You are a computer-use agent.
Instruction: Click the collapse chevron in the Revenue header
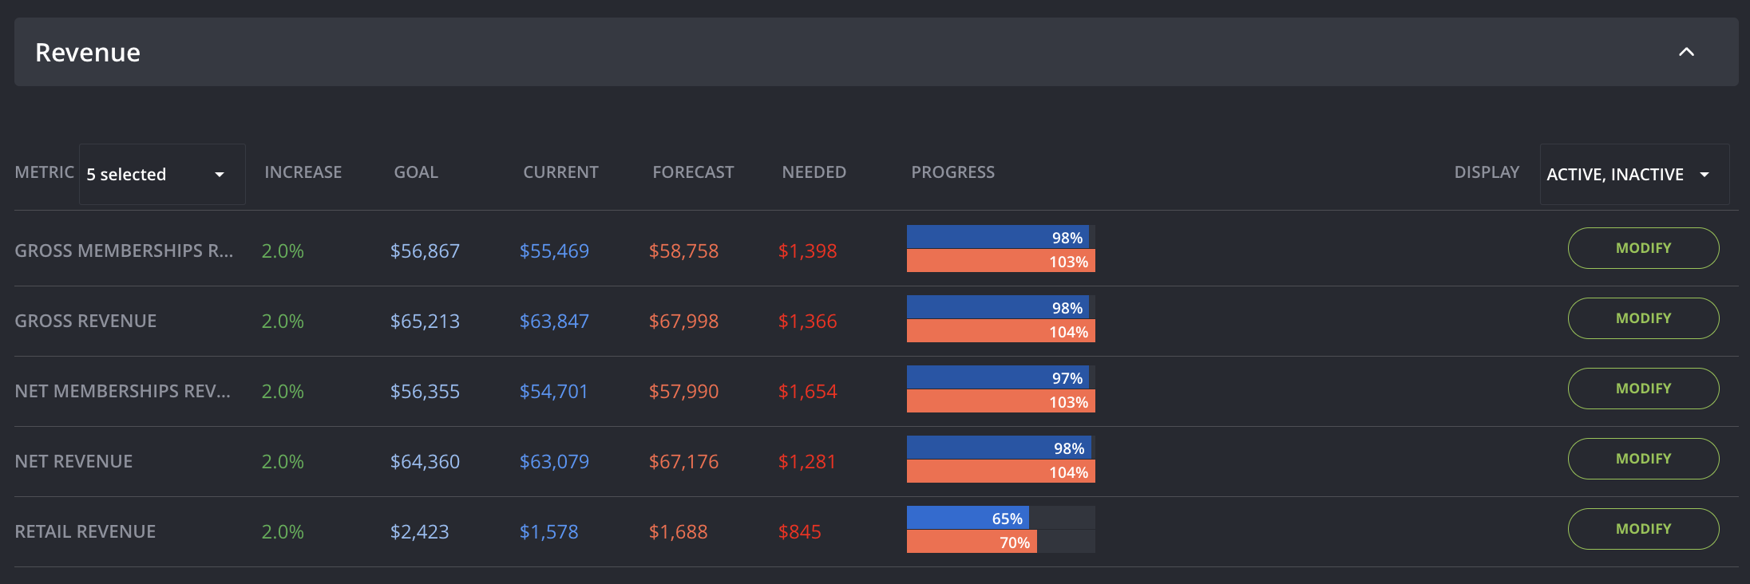(x=1686, y=52)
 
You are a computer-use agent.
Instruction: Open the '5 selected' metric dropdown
(x=162, y=174)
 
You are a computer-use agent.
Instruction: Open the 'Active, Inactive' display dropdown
(x=1634, y=174)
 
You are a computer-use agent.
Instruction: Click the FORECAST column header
(x=693, y=172)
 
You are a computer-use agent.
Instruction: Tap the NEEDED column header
(x=814, y=172)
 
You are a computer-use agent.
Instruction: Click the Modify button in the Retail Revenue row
(x=1643, y=529)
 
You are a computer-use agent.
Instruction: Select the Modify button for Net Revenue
(x=1643, y=459)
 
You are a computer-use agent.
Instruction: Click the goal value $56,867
(x=425, y=251)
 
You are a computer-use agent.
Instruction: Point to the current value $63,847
(x=554, y=322)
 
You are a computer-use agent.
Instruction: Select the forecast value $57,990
(x=683, y=392)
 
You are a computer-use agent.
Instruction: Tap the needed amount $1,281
(x=807, y=462)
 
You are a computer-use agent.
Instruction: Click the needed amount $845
(x=800, y=532)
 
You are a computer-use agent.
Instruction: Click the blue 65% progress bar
(x=968, y=518)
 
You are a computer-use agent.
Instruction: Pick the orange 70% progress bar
(x=972, y=542)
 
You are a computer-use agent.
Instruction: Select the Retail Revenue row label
(x=85, y=532)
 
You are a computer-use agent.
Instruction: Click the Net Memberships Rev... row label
(x=123, y=392)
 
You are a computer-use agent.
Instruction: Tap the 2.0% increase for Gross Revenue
(x=283, y=322)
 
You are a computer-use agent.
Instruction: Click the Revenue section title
(x=88, y=53)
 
